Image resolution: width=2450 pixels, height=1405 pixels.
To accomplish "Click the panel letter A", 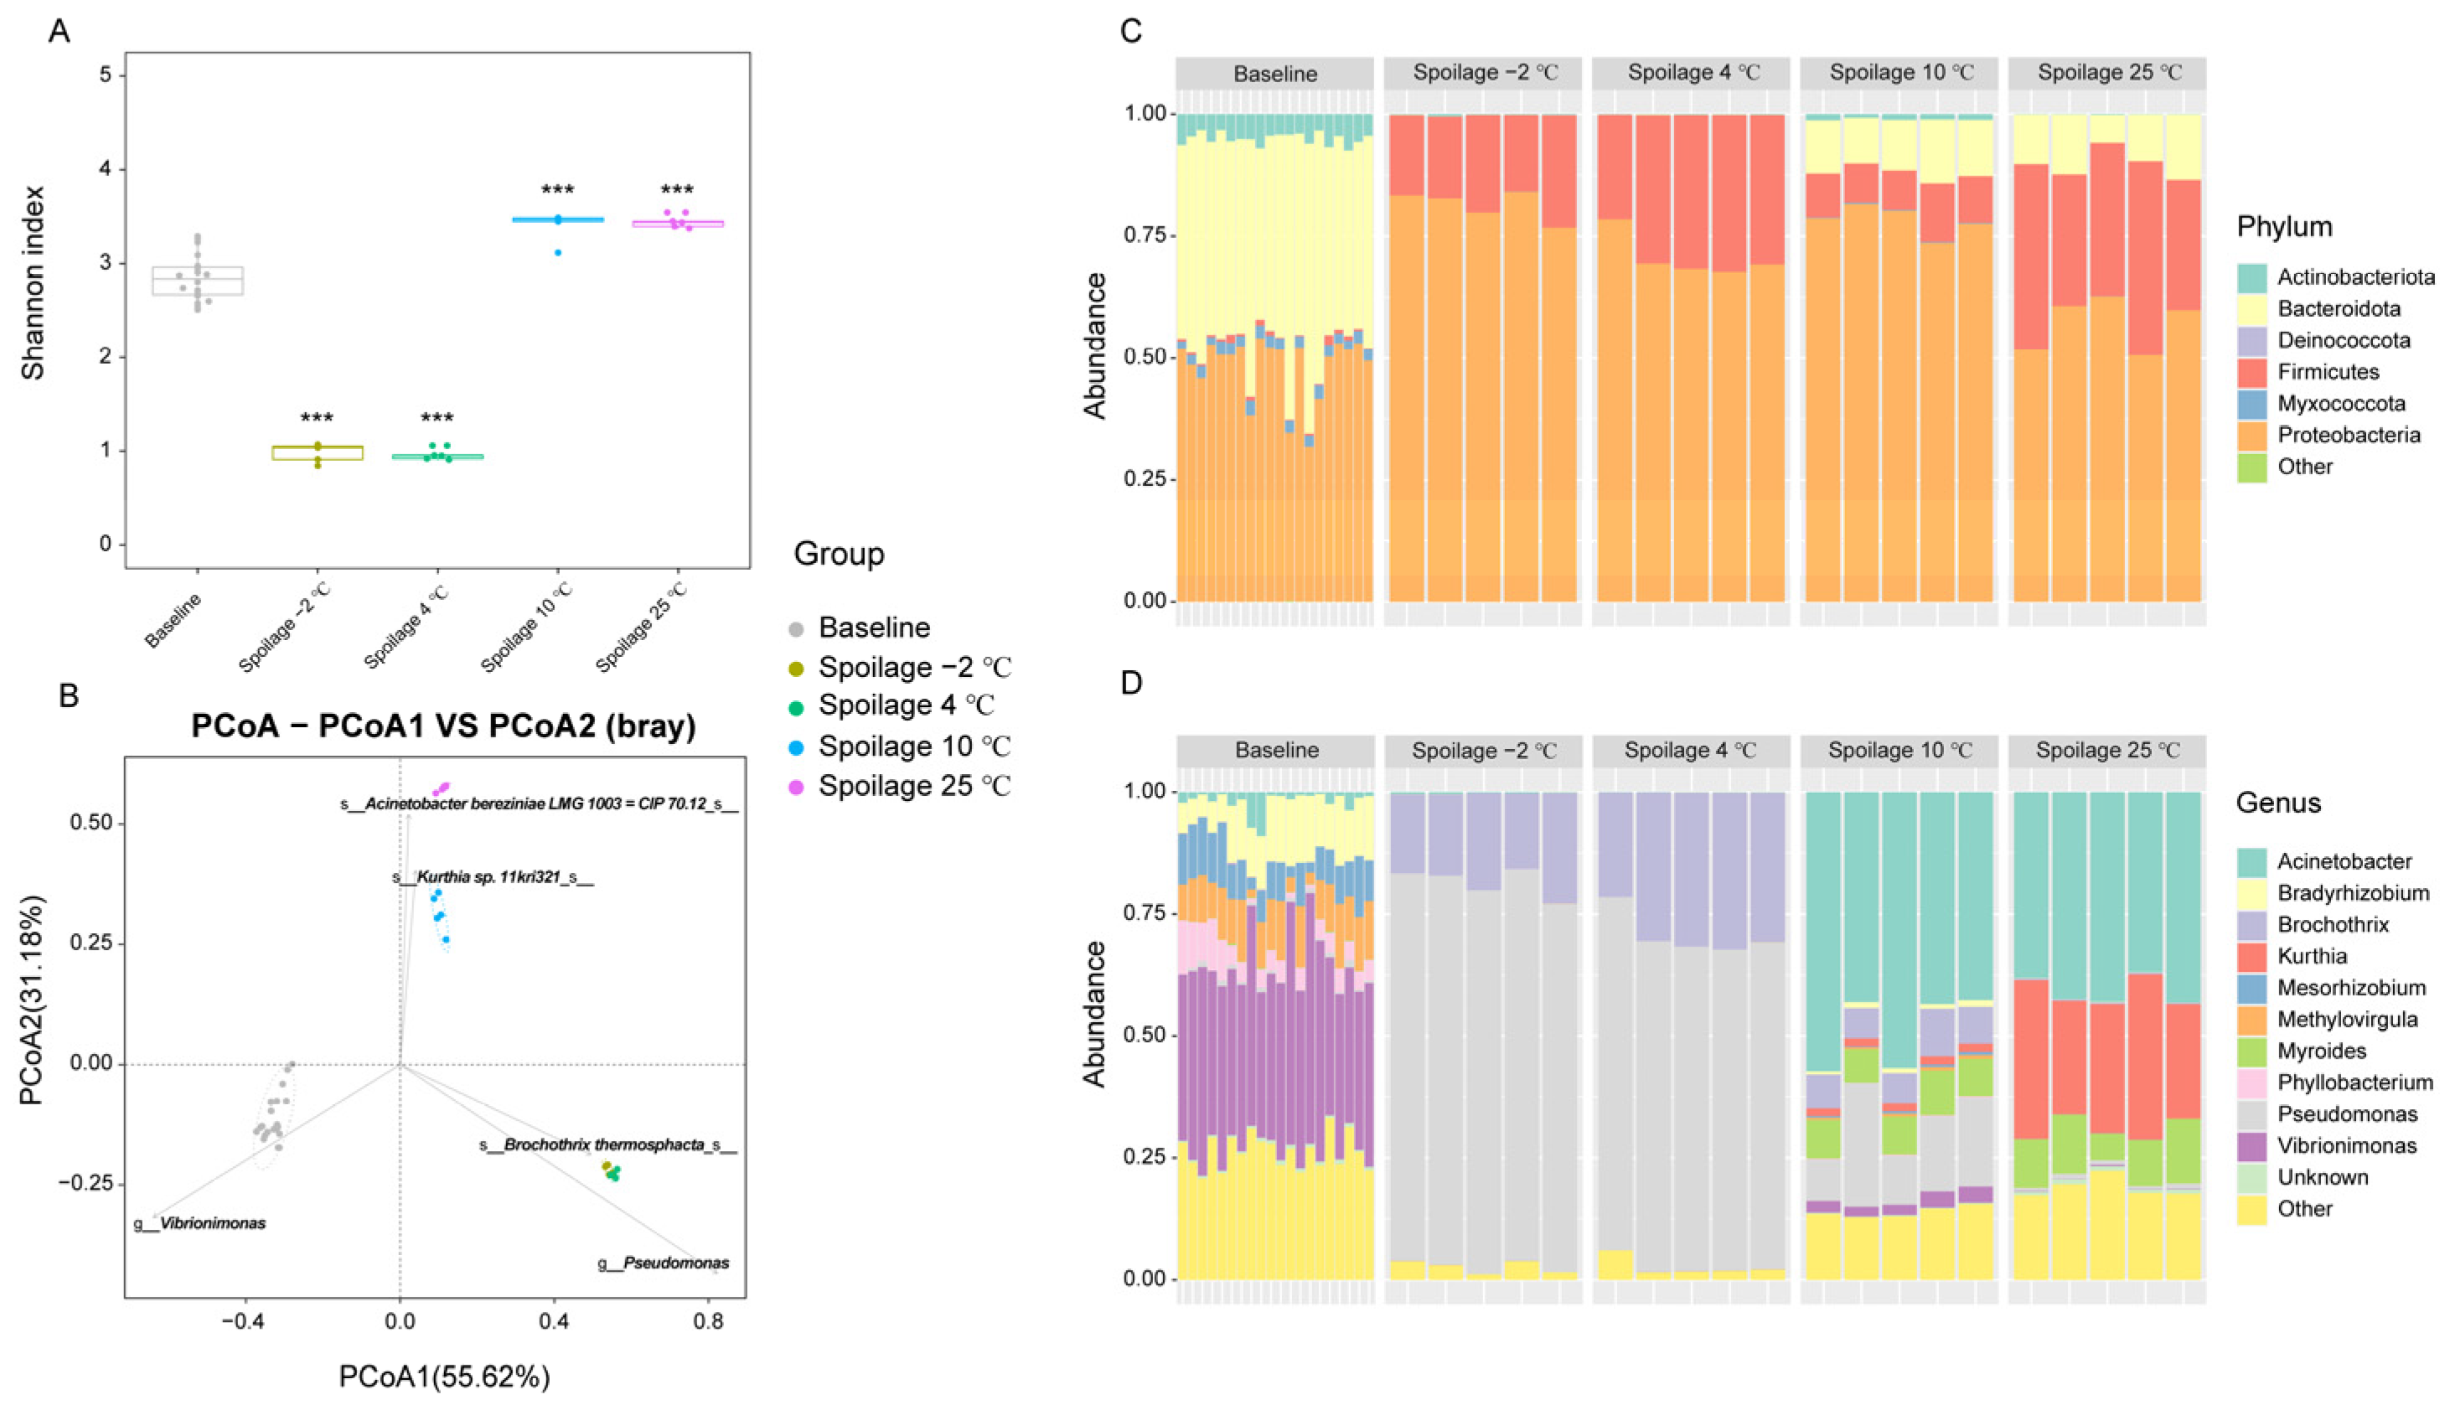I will pyautogui.click(x=59, y=32).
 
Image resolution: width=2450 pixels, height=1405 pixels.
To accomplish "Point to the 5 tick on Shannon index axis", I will pyautogui.click(x=106, y=75).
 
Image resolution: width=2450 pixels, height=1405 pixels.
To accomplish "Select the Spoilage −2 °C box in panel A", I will pyautogui.click(x=318, y=452).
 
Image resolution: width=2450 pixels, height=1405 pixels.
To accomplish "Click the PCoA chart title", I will pyautogui.click(x=443, y=726).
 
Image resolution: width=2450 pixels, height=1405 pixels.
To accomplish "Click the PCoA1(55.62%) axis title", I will pyautogui.click(x=444, y=1376).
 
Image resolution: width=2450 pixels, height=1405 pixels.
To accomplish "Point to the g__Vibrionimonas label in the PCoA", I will pyautogui.click(x=199, y=1223).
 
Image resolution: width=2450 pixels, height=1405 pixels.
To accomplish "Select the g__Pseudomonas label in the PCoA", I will pyautogui.click(x=664, y=1263).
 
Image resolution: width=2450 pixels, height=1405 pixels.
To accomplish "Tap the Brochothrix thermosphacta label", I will pyautogui.click(x=609, y=1145).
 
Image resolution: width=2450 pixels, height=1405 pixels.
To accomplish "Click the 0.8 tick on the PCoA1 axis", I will pyautogui.click(x=708, y=1319).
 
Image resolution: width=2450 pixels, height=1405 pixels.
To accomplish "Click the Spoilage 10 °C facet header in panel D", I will pyautogui.click(x=1899, y=751).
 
